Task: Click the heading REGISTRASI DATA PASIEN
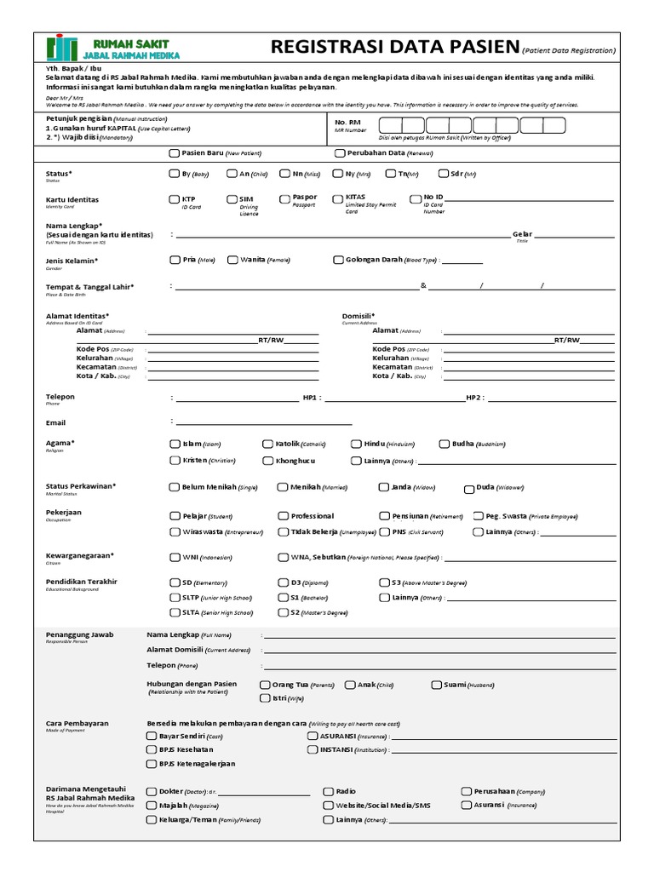(393, 47)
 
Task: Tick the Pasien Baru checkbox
(175, 153)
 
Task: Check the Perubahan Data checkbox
(340, 153)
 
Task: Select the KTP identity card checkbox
(175, 199)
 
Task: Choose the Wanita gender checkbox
(232, 260)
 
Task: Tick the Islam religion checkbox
(175, 444)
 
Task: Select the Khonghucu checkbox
(268, 461)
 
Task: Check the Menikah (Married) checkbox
(283, 487)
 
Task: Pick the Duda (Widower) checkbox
(468, 489)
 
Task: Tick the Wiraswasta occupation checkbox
(175, 532)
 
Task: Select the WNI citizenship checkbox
(175, 558)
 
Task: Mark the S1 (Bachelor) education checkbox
(283, 598)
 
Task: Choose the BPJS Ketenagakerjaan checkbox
(152, 764)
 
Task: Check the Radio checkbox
(328, 791)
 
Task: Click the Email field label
(55, 422)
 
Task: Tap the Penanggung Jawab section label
(79, 634)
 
